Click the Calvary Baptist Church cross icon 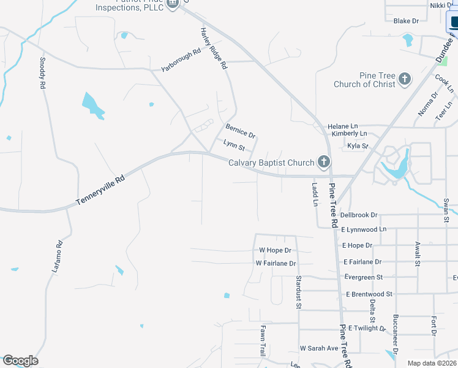pos(324,163)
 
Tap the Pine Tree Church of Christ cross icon pos(404,79)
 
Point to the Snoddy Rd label pos(43,74)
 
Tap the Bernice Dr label pos(240,131)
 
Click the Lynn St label pos(234,145)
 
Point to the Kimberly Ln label pos(348,134)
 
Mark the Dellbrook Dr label pos(359,215)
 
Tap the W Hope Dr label pos(275,250)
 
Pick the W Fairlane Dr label pos(276,263)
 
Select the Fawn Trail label pos(263,341)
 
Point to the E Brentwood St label pos(369,294)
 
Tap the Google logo pos(20,361)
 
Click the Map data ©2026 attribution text pos(432,363)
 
